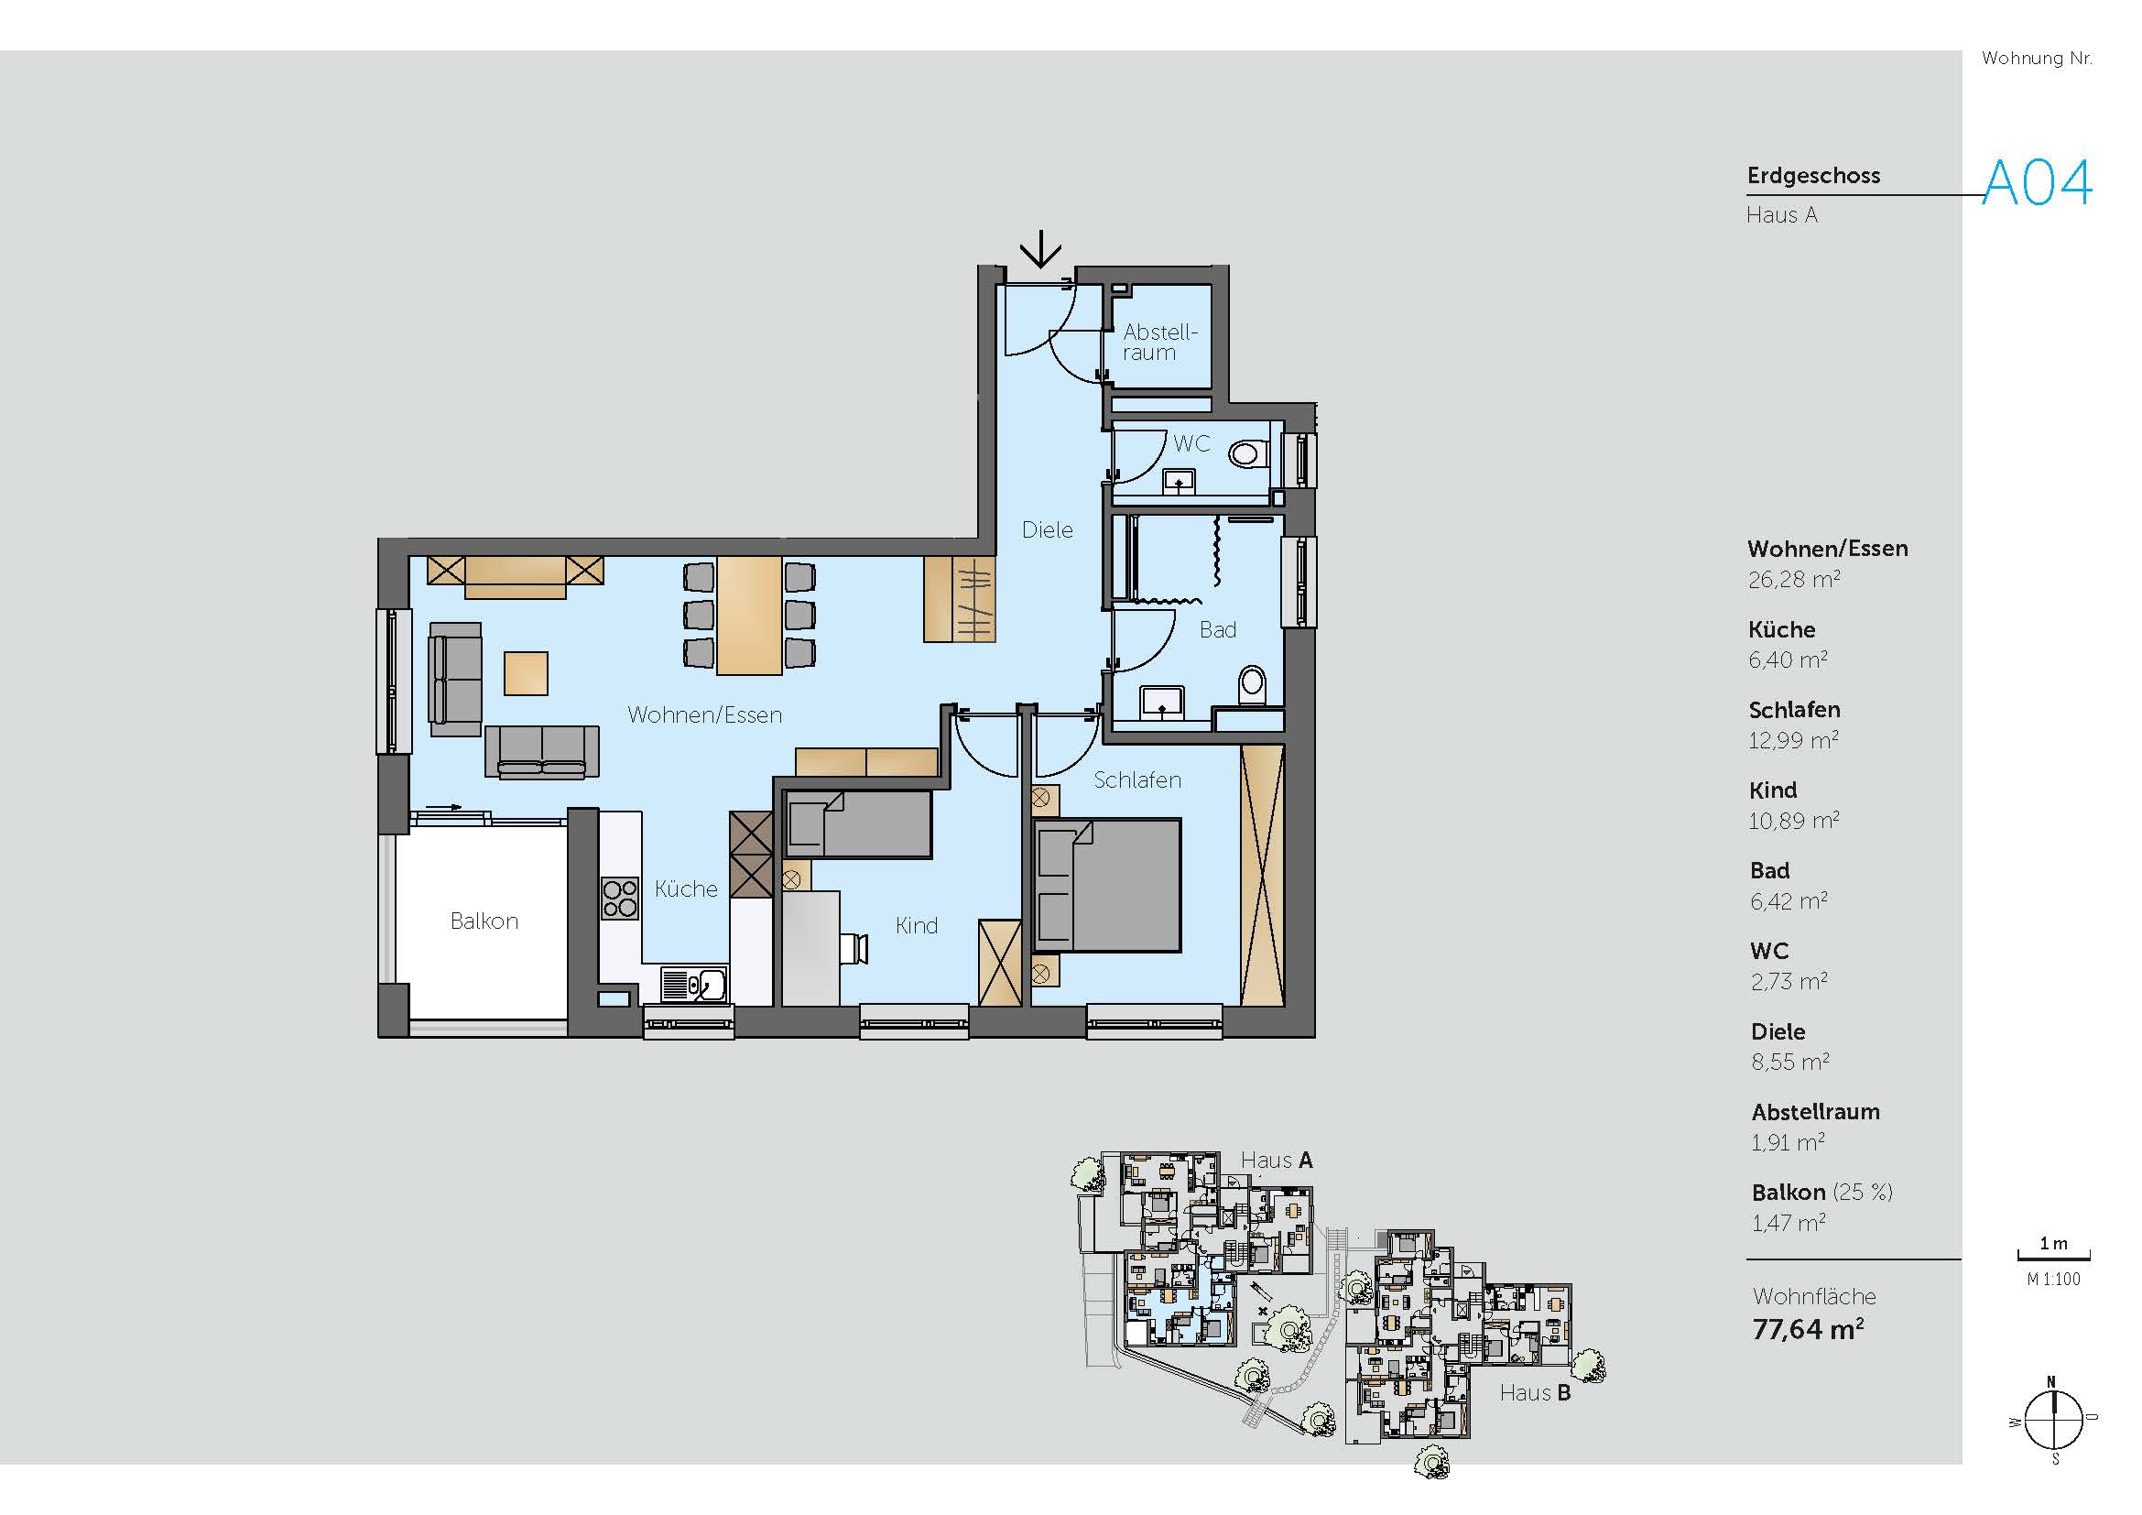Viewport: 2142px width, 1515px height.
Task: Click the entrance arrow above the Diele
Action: tap(1039, 249)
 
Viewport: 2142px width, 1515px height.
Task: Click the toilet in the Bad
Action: tap(1252, 685)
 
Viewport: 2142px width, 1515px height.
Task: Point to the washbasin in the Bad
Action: tap(1161, 702)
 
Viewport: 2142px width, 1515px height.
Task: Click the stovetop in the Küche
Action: tap(619, 899)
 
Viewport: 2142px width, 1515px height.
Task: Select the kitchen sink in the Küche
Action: tap(694, 984)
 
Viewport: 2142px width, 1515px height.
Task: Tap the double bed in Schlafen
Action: tap(1107, 886)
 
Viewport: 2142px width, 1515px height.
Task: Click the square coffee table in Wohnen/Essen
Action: tap(526, 672)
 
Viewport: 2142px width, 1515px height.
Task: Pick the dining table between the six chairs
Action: tap(749, 615)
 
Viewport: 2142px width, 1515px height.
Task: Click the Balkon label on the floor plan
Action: tap(484, 921)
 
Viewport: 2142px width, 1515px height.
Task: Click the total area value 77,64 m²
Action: tap(1808, 1328)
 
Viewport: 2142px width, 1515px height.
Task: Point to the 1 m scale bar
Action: tap(2053, 1257)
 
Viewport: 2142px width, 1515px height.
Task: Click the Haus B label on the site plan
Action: tap(1536, 1393)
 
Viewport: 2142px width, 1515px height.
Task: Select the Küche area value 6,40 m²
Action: tap(1788, 659)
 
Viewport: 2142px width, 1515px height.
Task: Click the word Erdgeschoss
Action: tap(1813, 175)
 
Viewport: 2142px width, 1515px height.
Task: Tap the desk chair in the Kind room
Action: tap(854, 948)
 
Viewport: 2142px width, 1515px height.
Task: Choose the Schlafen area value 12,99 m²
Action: tap(1793, 740)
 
